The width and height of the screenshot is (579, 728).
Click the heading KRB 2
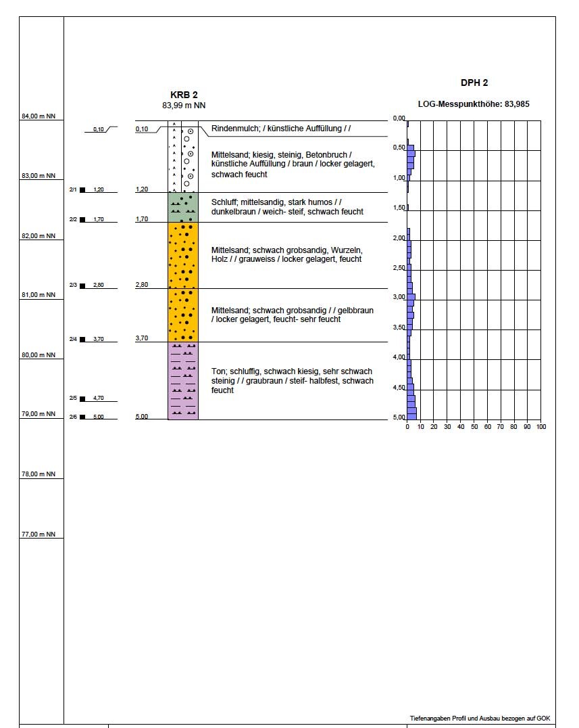pos(184,95)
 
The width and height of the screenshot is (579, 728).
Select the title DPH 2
pos(474,83)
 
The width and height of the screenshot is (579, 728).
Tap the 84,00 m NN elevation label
pos(38,116)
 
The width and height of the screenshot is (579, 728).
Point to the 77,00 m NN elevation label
pos(38,534)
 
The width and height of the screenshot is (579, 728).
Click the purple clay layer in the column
pos(183,380)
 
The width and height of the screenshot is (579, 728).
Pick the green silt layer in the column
pos(183,207)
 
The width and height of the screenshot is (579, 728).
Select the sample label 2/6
pos(73,417)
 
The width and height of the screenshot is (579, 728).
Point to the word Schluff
pos(224,202)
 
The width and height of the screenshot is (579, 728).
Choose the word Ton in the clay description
pos(218,371)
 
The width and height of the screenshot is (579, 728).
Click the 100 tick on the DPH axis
pos(540,427)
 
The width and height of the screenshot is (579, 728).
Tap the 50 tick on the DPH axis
pos(474,427)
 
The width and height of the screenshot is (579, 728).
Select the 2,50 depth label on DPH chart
pos(399,268)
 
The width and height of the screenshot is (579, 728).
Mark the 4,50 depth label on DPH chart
pos(399,388)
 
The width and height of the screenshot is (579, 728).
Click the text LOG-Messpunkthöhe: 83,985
pos(472,104)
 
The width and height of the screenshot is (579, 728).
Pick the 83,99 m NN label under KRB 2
pos(184,106)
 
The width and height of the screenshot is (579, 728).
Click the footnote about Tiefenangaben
pos(480,717)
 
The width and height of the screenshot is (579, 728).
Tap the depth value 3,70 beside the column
pos(142,338)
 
